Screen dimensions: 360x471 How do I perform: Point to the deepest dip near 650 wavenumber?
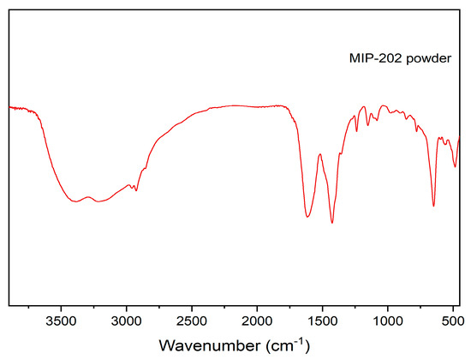point(433,206)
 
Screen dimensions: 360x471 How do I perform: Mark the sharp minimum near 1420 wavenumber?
point(331,223)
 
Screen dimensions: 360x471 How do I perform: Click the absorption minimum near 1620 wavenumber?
point(307,217)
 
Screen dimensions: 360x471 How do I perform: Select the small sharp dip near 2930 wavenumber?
point(136,190)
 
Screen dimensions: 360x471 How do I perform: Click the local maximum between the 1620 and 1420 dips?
point(319,154)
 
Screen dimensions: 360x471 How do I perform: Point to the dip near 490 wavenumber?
point(455,166)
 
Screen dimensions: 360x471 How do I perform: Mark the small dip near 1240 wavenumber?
point(356,131)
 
